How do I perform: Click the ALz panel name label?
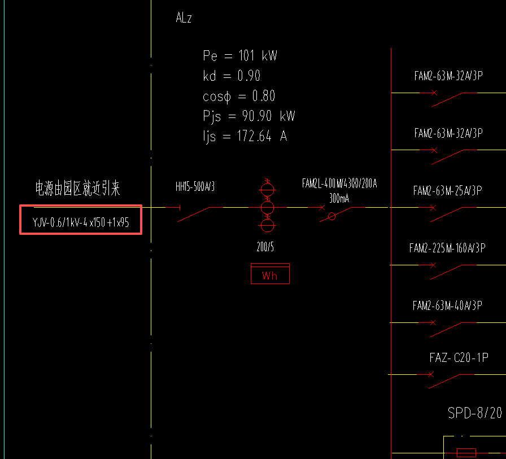tap(184, 18)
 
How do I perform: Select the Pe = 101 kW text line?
tap(240, 56)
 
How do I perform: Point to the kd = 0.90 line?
tap(232, 76)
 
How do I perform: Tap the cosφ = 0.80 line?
tap(239, 96)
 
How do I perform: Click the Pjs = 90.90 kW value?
tap(249, 116)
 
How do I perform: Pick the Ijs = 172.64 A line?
tap(245, 137)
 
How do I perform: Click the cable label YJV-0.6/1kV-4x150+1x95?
tap(81, 222)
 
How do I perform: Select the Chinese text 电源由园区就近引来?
tap(78, 189)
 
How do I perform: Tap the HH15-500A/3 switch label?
tap(195, 187)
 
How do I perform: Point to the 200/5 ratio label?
tap(265, 247)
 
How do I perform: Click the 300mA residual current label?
tap(339, 198)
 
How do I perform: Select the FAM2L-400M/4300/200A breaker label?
tap(339, 183)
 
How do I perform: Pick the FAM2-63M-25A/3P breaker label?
tap(447, 190)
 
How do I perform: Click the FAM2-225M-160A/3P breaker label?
tap(447, 248)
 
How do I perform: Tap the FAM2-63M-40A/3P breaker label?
tap(447, 305)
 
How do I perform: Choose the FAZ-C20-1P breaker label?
tap(459, 357)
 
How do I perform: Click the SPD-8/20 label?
tap(474, 413)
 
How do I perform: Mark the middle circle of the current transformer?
tap(267, 207)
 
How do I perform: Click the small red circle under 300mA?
tap(332, 216)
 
